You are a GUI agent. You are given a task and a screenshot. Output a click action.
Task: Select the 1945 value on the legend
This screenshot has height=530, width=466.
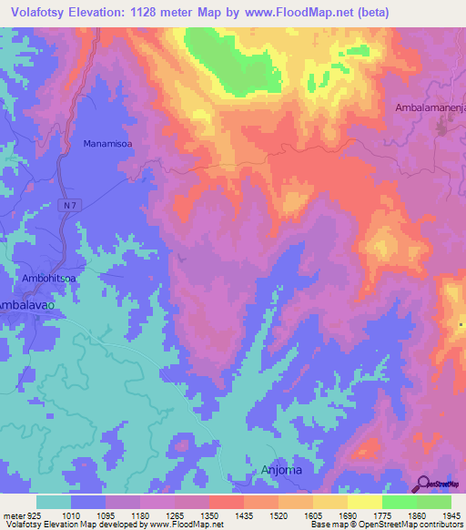(450, 515)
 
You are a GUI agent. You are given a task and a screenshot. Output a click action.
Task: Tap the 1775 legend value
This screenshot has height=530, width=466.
(383, 515)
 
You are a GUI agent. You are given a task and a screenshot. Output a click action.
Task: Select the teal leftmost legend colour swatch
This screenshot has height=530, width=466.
(54, 502)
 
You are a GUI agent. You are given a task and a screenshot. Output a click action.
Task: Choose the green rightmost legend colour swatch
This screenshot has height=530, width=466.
(433, 502)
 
